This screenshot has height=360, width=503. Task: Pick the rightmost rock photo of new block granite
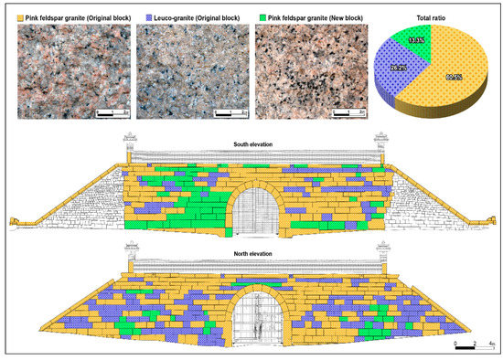(x=312, y=73)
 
